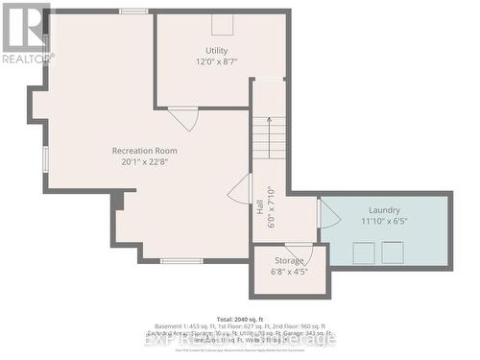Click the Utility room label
coord(216,50)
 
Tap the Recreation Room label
coord(144,151)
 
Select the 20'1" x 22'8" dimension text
coord(144,162)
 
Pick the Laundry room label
coord(384,210)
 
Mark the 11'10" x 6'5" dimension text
coord(384,222)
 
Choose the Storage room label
coord(289,259)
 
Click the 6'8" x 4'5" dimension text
coord(289,271)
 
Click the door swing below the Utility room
coord(183,118)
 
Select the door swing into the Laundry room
coord(328,213)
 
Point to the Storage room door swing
coord(299,252)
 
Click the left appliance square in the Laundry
coord(363,252)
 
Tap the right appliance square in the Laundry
coord(393,252)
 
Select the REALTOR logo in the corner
coord(26,33)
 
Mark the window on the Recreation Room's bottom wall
coord(180,260)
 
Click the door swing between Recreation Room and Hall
coord(240,189)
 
